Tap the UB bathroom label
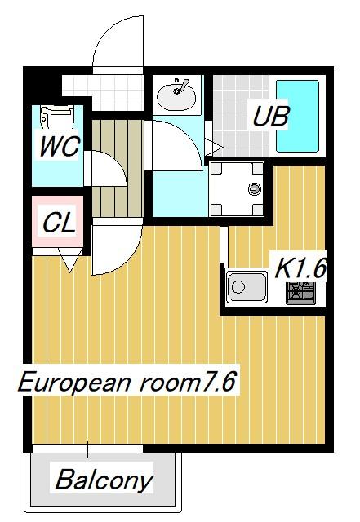point(270,116)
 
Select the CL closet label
point(59,223)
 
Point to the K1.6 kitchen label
point(300,268)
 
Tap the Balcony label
point(103,480)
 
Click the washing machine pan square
point(238,190)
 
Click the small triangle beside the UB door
point(216,146)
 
